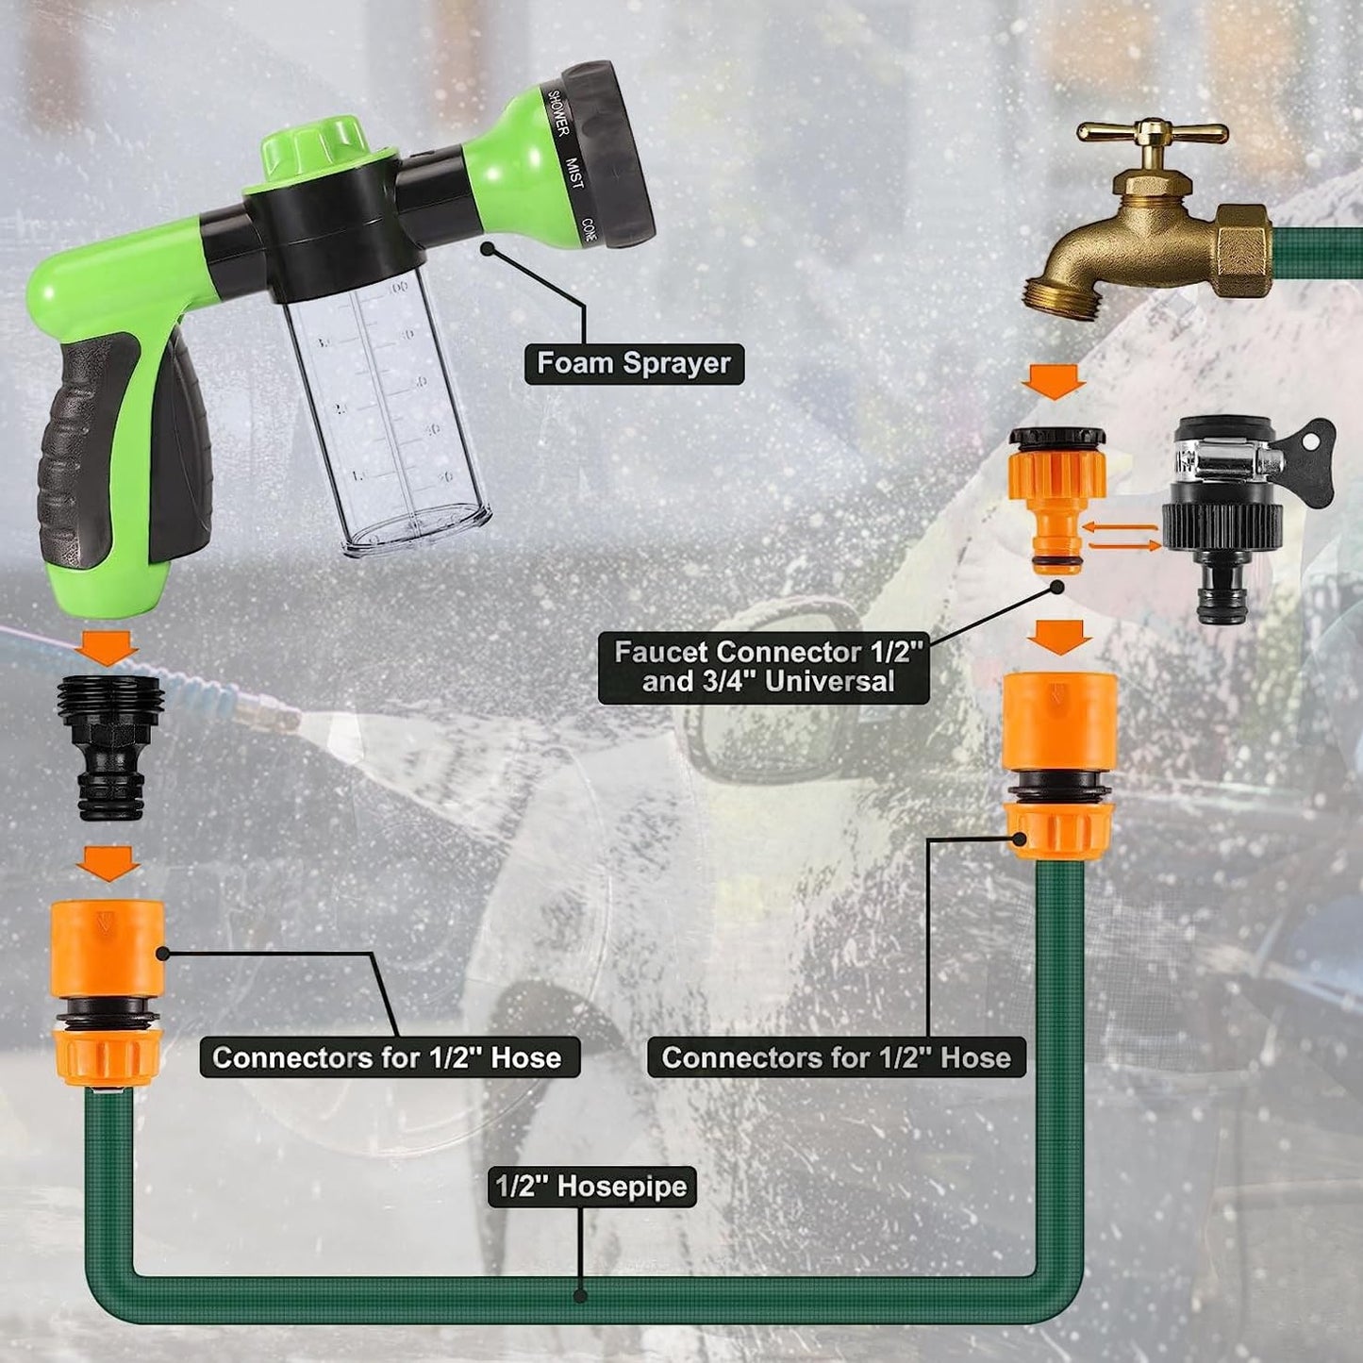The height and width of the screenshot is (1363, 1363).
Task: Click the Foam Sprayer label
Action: click(634, 363)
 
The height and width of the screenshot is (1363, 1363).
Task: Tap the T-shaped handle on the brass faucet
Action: click(1152, 134)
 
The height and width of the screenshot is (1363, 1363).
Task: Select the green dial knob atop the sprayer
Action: click(313, 146)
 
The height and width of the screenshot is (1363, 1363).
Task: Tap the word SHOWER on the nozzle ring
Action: click(557, 113)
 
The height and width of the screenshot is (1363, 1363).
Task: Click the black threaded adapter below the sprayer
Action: click(110, 745)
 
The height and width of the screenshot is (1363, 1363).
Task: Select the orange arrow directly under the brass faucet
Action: click(1055, 382)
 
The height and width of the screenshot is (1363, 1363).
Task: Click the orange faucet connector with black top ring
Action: click(1057, 495)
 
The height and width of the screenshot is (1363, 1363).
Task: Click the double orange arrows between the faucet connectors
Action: click(1121, 537)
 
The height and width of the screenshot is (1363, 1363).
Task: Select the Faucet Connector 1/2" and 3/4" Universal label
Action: click(764, 667)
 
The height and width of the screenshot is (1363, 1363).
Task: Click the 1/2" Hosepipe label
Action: click(591, 1186)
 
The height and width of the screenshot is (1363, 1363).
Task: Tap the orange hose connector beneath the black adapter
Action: click(108, 990)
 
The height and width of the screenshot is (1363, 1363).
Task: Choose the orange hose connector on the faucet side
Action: click(1060, 764)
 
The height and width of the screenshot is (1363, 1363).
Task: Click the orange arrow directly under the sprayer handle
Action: click(108, 648)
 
